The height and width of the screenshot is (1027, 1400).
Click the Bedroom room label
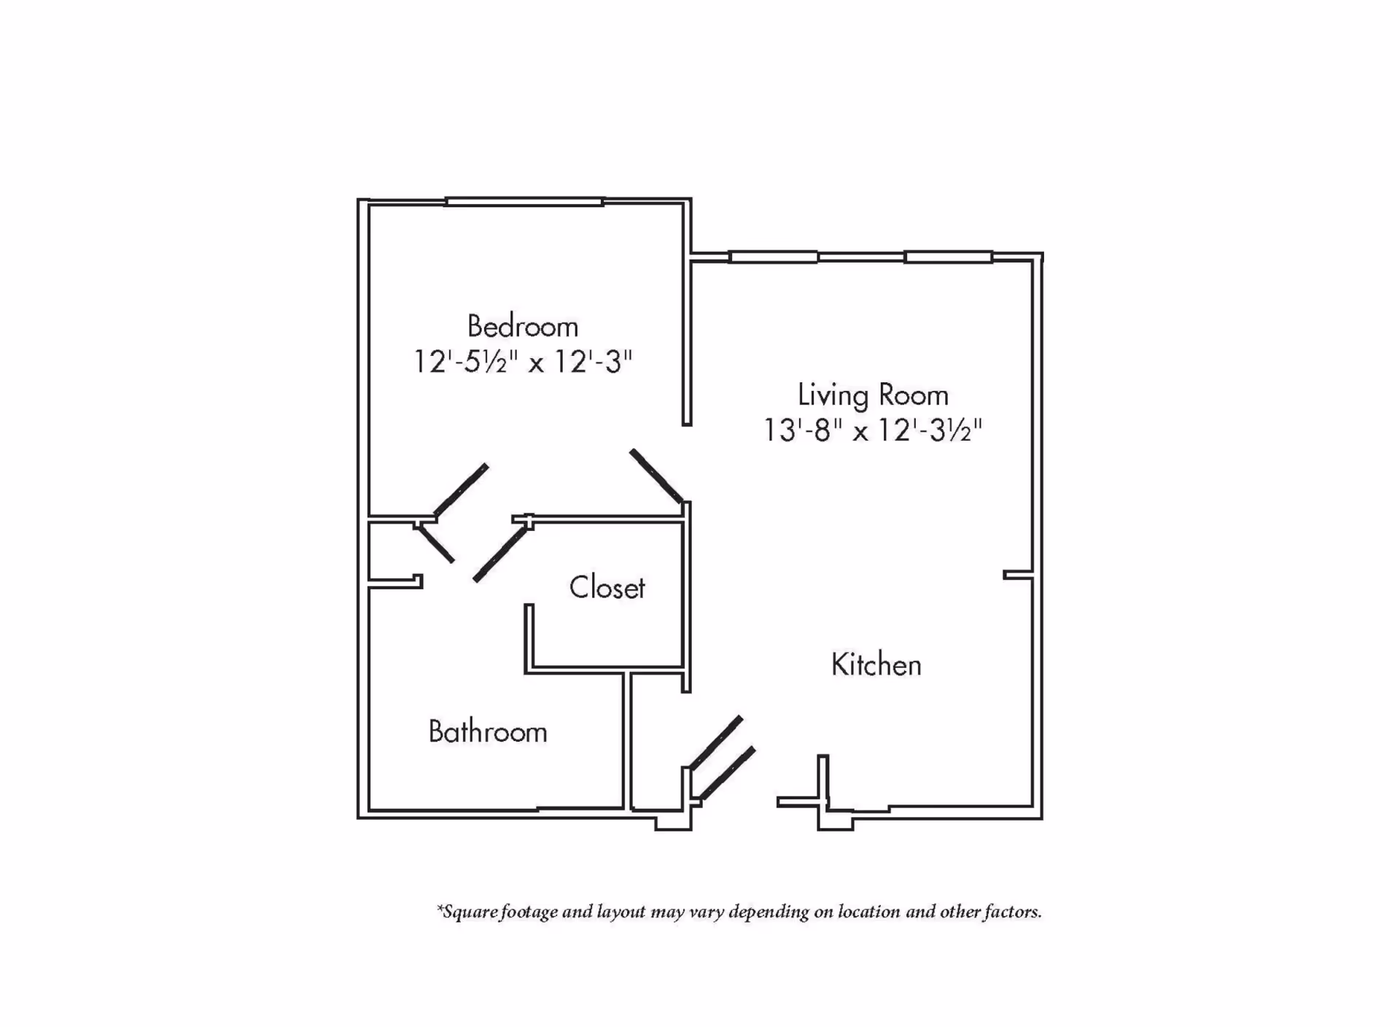click(x=523, y=326)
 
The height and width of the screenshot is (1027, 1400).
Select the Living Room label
click(x=873, y=395)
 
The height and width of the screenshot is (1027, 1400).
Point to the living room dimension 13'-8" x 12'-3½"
click(x=873, y=430)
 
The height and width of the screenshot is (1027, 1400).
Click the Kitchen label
click(x=876, y=664)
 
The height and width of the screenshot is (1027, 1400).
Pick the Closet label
click(x=607, y=587)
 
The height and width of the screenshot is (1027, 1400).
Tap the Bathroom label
click(x=488, y=732)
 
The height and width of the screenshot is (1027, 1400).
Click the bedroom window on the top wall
click(x=524, y=201)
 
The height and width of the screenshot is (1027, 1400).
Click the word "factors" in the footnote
click(x=1012, y=912)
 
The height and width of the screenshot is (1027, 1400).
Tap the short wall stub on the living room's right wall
click(x=1019, y=575)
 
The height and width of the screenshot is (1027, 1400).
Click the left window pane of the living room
click(x=773, y=257)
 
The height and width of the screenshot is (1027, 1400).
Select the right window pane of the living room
click(x=948, y=257)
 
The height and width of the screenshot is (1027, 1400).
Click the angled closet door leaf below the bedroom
click(x=500, y=554)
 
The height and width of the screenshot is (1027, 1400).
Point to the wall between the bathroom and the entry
click(x=626, y=740)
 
